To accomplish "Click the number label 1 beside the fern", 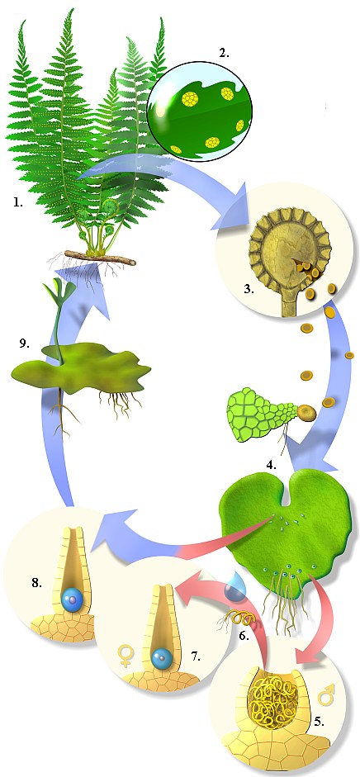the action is coord(18,202).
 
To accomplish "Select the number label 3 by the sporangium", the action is coord(249,289).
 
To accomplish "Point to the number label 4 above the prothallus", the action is coord(271,466).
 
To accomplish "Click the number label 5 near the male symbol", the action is coord(319,721).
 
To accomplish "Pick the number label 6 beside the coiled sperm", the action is coord(244,635).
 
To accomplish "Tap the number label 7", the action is coord(196,656).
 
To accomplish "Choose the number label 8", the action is coord(36,583).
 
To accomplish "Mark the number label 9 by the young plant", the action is coord(24,343).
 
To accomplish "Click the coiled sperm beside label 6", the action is coord(230,619).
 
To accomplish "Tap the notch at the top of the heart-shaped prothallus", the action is coord(286,498).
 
